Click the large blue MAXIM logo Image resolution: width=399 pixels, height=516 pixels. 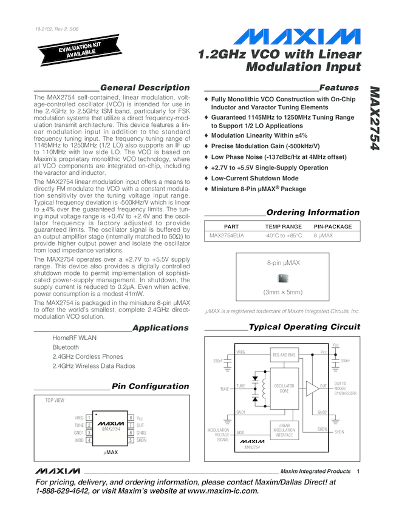pyautogui.click(x=297, y=37)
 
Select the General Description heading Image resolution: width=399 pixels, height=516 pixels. pyautogui.click(x=145, y=87)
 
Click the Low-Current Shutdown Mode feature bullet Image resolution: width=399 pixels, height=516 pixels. pyautogui.click(x=254, y=178)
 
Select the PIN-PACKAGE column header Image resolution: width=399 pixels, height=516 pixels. pyautogui.click(x=333, y=226)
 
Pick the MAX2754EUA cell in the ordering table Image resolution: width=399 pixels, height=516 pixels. pyautogui.click(x=227, y=236)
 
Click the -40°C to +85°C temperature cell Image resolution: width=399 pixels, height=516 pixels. pyautogui.click(x=283, y=236)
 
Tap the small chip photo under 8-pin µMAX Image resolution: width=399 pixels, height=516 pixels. pyautogui.click(x=283, y=278)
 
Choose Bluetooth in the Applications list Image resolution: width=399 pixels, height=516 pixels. pyautogui.click(x=66, y=347)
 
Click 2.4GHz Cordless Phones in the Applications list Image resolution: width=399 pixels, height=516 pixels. pyautogui.click(x=87, y=357)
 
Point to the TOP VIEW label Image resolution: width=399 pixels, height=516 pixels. pyautogui.click(x=55, y=401)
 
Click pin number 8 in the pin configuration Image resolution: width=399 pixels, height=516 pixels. pyautogui.click(x=131, y=418)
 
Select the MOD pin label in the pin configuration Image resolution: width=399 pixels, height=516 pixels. pyautogui.click(x=79, y=440)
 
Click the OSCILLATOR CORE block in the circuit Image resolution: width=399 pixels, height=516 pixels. pyautogui.click(x=284, y=388)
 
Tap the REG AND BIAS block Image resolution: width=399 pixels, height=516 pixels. pyautogui.click(x=284, y=355)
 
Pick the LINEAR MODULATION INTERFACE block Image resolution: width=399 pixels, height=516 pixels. pyautogui.click(x=284, y=429)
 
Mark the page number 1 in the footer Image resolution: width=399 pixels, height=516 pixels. pyautogui.click(x=359, y=471)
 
